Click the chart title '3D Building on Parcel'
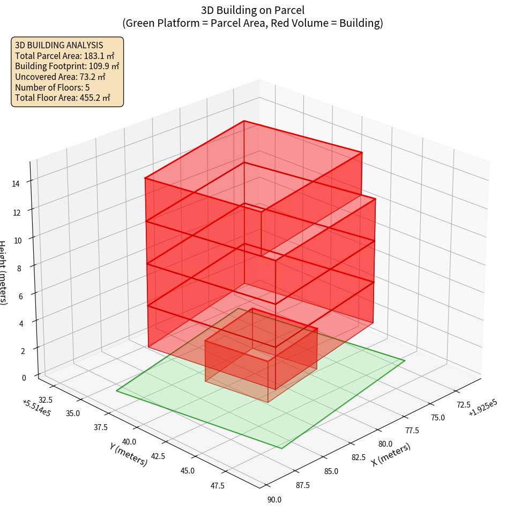tap(252, 10)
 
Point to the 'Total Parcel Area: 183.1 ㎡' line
tap(65, 56)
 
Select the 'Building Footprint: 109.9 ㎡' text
tap(67, 66)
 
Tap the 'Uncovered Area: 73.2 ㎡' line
tap(62, 77)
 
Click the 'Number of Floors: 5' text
tap(53, 87)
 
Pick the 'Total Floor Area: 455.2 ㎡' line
tap(63, 98)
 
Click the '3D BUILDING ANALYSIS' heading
tap(59, 45)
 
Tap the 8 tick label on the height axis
tap(19, 268)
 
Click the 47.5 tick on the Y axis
tap(218, 486)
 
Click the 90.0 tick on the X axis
tap(274, 500)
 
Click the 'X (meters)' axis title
tap(391, 454)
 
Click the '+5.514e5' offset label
tap(36, 408)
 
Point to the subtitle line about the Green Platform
tap(252, 23)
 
